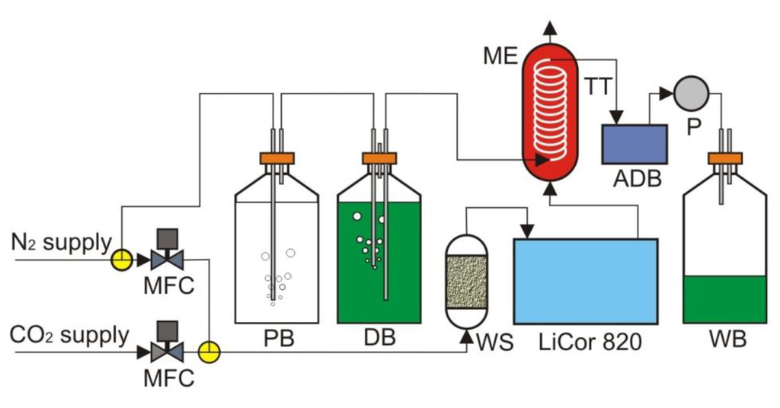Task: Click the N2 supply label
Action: [x=61, y=244]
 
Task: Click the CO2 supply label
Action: [x=69, y=336]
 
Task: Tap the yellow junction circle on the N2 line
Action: [x=121, y=260]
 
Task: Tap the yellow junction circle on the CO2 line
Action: [x=208, y=352]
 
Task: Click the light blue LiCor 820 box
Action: [x=585, y=281]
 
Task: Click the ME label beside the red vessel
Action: [x=500, y=56]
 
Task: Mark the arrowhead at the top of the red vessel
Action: [x=550, y=28]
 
